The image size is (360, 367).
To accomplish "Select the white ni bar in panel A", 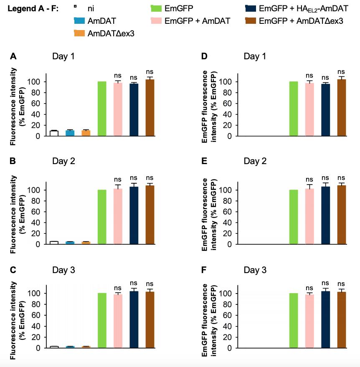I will [x=54, y=133].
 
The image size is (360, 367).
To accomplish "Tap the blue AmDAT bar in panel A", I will [x=70, y=133].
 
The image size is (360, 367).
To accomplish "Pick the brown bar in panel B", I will [x=150, y=215].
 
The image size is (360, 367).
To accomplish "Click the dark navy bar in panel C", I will [x=134, y=319].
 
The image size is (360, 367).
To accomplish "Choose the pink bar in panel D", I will [x=309, y=109].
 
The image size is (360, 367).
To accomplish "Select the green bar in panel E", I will [x=294, y=217].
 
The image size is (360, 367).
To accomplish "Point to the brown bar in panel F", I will [x=342, y=320].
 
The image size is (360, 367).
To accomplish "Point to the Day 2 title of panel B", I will [x=63, y=161].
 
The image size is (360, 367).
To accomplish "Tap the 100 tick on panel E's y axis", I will [x=230, y=190].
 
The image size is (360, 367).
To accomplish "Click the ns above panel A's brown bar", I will [x=150, y=71].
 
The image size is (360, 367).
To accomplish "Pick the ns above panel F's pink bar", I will [x=309, y=288].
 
